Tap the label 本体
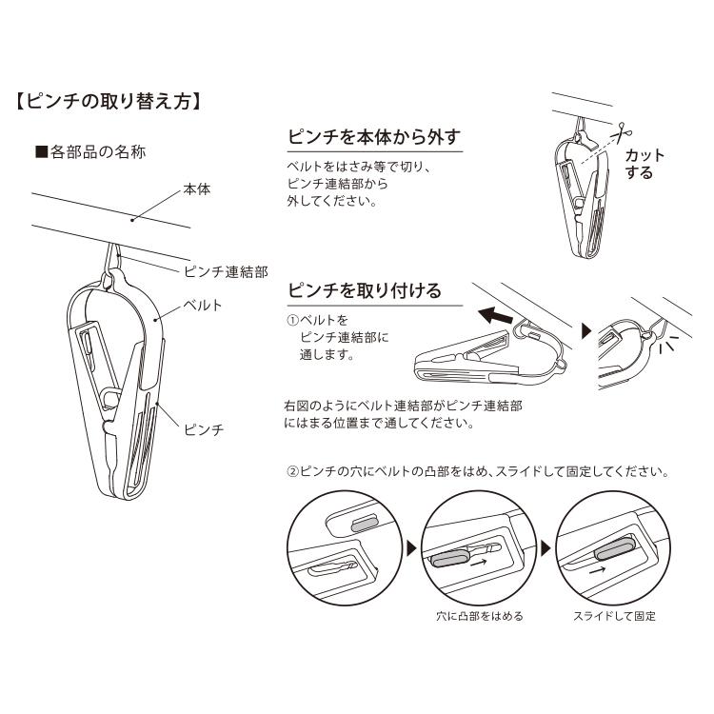197,190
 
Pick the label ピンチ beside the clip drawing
203,430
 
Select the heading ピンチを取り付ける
364,289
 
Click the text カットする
645,164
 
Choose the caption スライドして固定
614,615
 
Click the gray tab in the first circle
365,524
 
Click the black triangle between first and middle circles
411,548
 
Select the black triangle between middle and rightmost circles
545,548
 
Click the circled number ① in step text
293,320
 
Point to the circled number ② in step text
293,472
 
